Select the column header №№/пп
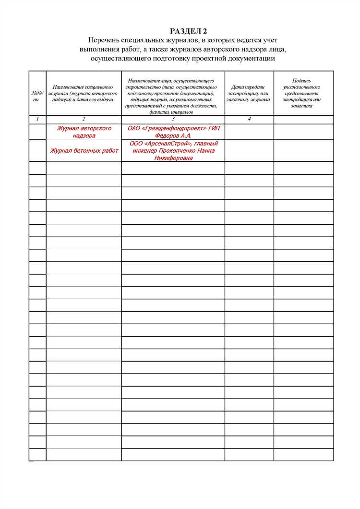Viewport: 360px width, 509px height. pyautogui.click(x=37, y=93)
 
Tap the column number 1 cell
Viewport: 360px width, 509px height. pyautogui.click(x=37, y=119)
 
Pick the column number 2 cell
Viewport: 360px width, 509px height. pyautogui.click(x=84, y=119)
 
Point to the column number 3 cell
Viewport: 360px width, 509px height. pyautogui.click(x=173, y=119)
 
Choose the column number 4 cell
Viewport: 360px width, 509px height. pyautogui.click(x=249, y=119)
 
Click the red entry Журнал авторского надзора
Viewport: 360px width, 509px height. pyautogui.click(x=84, y=132)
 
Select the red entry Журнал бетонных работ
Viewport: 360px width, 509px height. pyautogui.click(x=84, y=151)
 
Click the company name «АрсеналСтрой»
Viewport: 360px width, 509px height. pyautogui.click(x=171, y=143)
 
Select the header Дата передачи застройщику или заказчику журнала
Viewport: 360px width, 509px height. pyautogui.click(x=249, y=93)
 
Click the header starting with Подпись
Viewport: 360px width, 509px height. pyautogui.click(x=303, y=93)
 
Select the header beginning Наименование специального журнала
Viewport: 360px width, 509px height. pyautogui.click(x=84, y=93)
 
